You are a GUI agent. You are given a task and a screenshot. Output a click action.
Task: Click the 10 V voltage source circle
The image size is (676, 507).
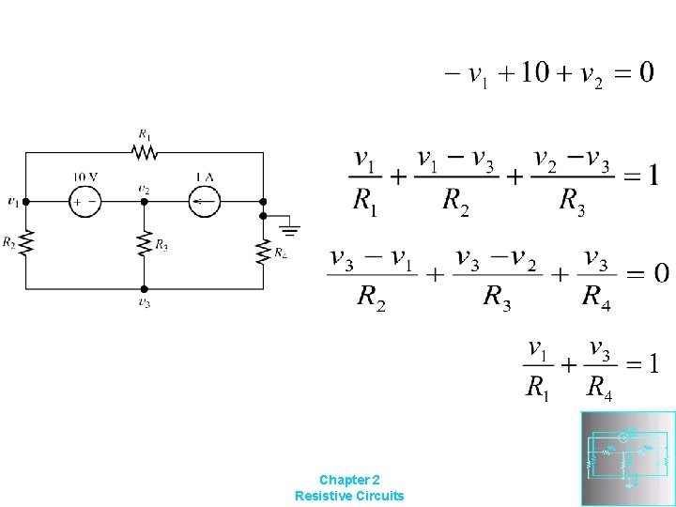pos(84,201)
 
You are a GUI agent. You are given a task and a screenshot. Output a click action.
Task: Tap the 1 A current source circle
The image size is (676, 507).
pos(204,201)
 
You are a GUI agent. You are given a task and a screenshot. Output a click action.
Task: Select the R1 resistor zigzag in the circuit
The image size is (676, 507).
pos(144,150)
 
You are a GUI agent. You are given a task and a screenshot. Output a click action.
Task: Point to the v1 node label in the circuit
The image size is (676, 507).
pos(11,201)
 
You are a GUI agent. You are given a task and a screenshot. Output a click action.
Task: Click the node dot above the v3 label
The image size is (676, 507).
pos(144,288)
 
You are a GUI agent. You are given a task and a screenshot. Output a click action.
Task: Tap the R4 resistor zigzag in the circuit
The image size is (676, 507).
pos(264,251)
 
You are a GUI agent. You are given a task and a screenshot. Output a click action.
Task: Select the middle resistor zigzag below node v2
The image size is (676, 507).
pos(144,244)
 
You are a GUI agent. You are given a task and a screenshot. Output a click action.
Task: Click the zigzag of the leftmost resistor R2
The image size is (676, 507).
pos(25,244)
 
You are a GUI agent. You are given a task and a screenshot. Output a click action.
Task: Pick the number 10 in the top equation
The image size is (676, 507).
pos(535,73)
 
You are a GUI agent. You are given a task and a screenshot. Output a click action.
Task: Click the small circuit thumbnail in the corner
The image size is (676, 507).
pos(628,458)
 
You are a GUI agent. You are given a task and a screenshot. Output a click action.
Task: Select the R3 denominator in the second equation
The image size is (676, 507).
pos(571,201)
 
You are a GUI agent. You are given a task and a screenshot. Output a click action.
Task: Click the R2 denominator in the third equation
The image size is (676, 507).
pos(372,299)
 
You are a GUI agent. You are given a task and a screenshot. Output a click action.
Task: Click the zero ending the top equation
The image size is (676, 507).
pos(646,73)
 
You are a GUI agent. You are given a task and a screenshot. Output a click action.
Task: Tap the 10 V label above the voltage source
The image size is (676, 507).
pos(85,177)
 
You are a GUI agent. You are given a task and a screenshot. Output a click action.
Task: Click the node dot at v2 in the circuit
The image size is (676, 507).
pos(144,201)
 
